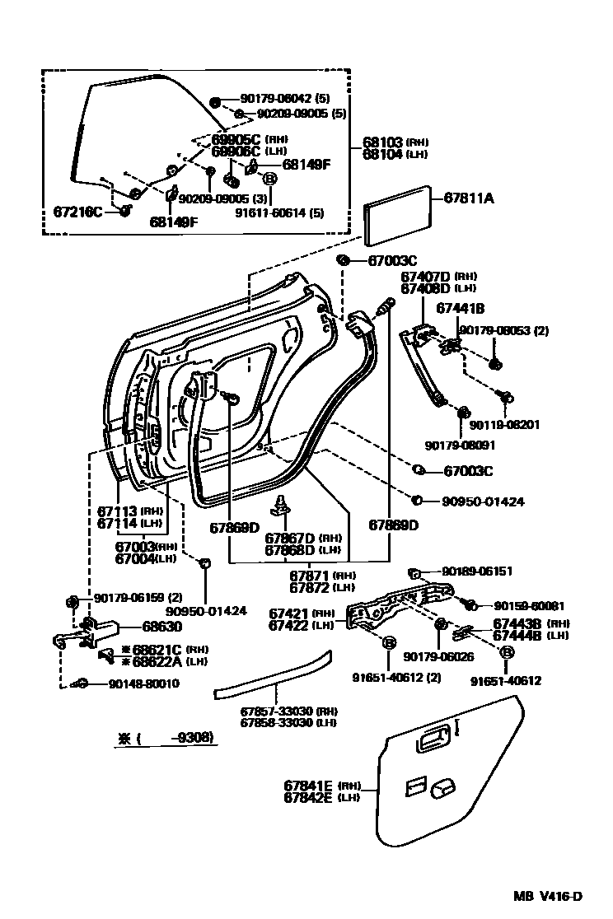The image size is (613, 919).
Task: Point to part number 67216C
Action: [x=73, y=212]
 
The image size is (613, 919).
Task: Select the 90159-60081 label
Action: [x=525, y=605]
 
